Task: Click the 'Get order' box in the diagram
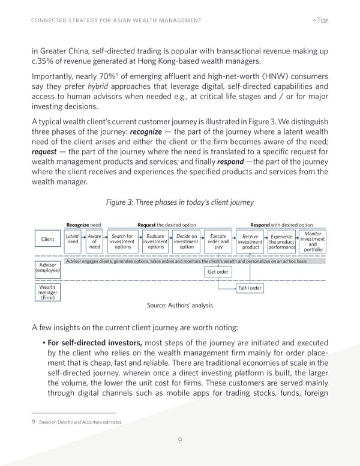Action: (218, 271)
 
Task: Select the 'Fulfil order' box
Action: (250, 288)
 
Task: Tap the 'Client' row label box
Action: (47, 240)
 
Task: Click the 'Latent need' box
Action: (73, 240)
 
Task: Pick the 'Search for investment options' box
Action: (122, 242)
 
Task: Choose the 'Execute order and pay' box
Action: (218, 242)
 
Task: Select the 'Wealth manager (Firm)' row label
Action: (47, 292)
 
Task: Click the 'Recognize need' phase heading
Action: (83, 225)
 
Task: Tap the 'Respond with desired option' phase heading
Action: (281, 225)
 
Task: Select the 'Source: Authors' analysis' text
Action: (179, 305)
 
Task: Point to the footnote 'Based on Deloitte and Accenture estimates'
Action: (80, 422)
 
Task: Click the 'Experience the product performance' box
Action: (281, 242)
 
